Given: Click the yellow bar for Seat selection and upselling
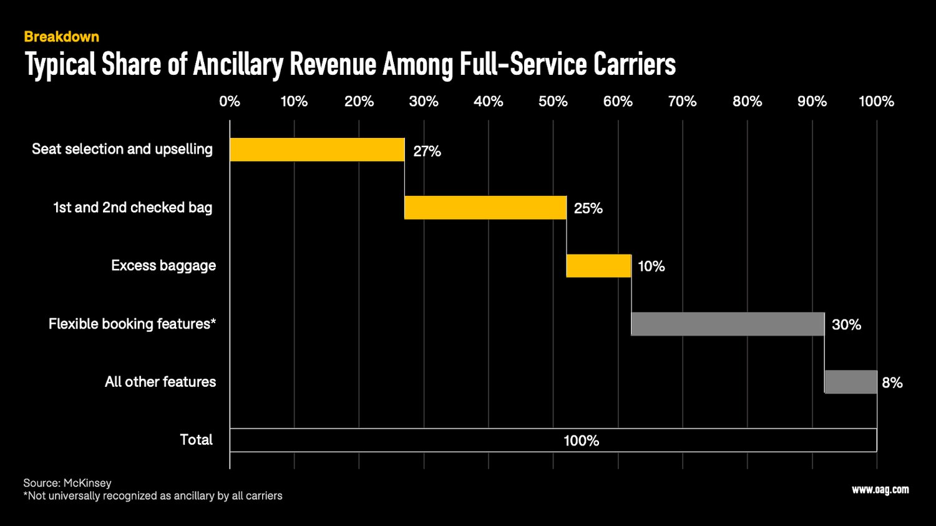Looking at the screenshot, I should (x=317, y=150).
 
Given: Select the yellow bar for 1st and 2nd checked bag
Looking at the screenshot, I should (x=485, y=208).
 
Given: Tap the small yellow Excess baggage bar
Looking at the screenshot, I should (x=599, y=266).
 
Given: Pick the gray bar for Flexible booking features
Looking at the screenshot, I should (x=728, y=324).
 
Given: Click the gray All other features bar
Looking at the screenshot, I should (x=851, y=382).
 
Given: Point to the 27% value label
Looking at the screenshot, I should (x=427, y=151).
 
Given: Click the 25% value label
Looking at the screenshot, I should (x=588, y=208).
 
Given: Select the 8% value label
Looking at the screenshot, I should (x=892, y=382).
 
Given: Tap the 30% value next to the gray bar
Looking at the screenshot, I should (x=846, y=324).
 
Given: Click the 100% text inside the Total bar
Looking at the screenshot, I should (x=581, y=441).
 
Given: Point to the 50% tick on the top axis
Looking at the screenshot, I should (x=553, y=101).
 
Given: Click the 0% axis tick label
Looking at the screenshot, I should (x=230, y=101).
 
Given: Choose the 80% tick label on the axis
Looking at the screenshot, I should (x=747, y=101).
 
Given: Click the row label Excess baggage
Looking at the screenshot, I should (x=163, y=266).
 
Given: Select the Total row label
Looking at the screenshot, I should (x=196, y=440).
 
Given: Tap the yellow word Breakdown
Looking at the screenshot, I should (x=61, y=37).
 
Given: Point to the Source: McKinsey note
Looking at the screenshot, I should (x=67, y=483).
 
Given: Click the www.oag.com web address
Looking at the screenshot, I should (x=880, y=490).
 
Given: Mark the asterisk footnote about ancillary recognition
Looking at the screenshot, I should (x=153, y=496).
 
